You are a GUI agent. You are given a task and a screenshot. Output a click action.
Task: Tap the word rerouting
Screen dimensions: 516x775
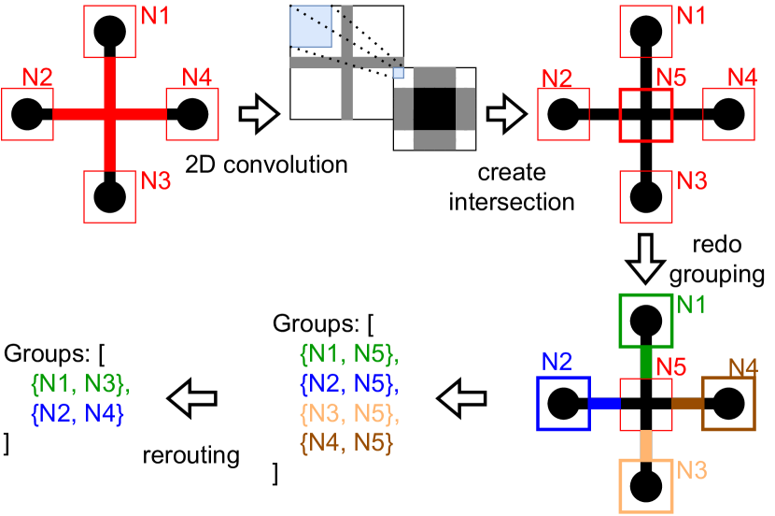click(x=191, y=456)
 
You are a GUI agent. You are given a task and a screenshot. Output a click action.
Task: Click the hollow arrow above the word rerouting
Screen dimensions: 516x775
click(x=191, y=397)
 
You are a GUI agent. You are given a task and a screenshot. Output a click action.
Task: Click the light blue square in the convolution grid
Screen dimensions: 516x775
click(x=311, y=26)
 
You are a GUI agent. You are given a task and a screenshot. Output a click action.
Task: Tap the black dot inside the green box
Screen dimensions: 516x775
click(x=643, y=321)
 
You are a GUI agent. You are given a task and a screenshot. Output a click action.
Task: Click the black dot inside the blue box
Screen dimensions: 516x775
click(x=564, y=404)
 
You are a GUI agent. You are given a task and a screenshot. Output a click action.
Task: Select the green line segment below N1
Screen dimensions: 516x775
click(x=643, y=360)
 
